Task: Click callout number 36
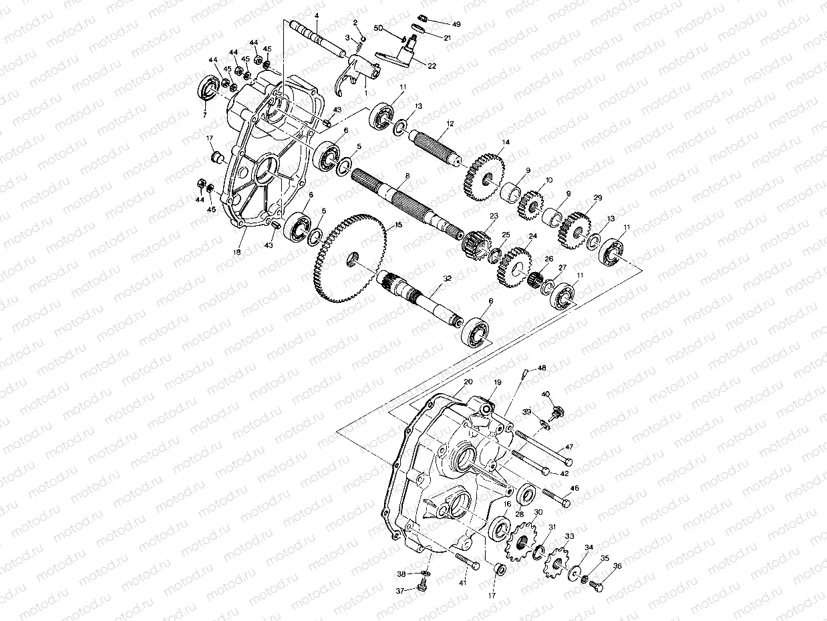click(x=617, y=566)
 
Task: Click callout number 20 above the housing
click(x=468, y=381)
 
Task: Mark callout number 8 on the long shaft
click(x=405, y=174)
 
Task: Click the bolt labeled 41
click(x=467, y=562)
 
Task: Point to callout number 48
click(x=542, y=368)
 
